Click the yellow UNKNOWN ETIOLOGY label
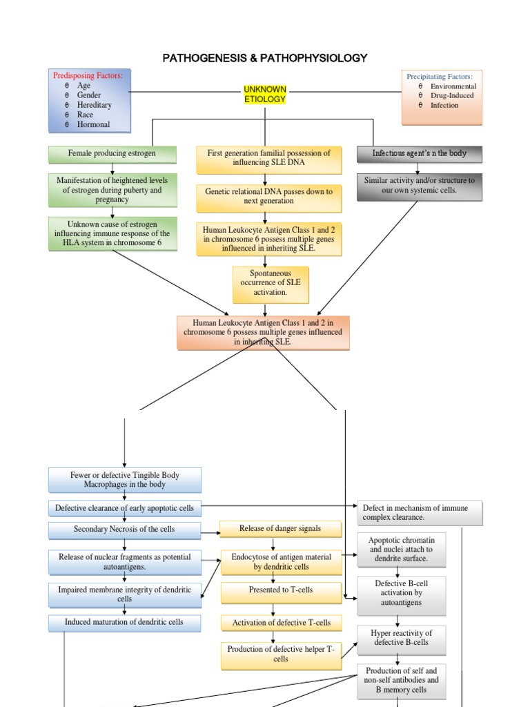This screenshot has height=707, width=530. tap(265, 95)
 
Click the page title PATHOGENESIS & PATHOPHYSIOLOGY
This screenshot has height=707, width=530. tap(265, 58)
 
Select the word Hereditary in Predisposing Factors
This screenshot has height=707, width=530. tap(95, 105)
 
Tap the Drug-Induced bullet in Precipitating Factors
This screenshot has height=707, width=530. tap(452, 96)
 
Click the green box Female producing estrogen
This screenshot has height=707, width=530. tap(112, 153)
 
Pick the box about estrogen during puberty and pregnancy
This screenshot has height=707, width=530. tap(112, 190)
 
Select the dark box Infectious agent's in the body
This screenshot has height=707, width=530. tap(420, 153)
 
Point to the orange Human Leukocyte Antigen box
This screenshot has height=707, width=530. tap(263, 332)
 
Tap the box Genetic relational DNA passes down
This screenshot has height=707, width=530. tap(268, 197)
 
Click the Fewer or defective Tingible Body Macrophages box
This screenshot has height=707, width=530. tap(125, 480)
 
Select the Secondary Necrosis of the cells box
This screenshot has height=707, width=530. tap(125, 530)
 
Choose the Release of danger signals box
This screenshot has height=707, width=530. tap(280, 529)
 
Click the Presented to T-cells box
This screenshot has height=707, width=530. tap(281, 590)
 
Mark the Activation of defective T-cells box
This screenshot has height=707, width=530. tap(281, 623)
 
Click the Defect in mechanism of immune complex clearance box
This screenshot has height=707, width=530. tap(420, 513)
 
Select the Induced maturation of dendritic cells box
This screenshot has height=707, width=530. tap(125, 623)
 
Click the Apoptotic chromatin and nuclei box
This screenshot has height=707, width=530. tap(401, 549)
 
